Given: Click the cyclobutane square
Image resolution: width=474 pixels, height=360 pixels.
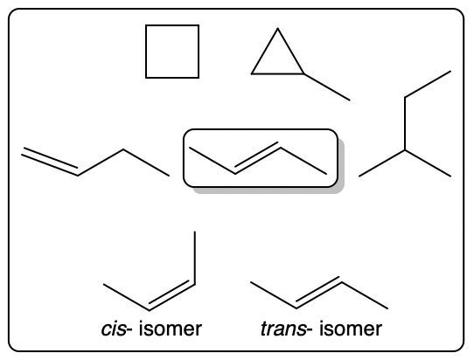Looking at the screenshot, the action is click(x=146, y=52).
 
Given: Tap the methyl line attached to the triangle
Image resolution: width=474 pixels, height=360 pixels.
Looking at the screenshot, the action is click(x=327, y=87).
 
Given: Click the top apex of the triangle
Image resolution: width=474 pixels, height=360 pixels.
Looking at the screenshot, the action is click(x=277, y=28).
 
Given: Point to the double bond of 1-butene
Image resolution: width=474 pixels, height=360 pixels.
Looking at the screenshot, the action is click(x=50, y=162).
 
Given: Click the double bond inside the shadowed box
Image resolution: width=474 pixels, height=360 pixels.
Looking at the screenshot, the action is click(x=257, y=157).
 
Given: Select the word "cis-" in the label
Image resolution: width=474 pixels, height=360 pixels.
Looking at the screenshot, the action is click(x=114, y=329).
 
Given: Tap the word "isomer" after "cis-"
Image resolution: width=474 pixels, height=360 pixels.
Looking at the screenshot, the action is click(x=171, y=329).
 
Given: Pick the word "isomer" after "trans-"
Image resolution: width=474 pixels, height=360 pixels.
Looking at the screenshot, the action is click(x=351, y=329).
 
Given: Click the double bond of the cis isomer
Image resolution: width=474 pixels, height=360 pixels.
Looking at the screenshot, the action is click(x=171, y=296).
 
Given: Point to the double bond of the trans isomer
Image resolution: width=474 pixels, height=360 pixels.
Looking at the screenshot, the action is click(x=318, y=293).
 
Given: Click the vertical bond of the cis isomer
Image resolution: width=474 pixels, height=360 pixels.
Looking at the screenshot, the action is click(x=195, y=258).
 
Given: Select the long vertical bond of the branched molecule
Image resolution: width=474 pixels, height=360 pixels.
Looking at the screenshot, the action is click(x=405, y=123).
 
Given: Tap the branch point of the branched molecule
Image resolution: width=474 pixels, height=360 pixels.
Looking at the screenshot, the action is click(x=405, y=149).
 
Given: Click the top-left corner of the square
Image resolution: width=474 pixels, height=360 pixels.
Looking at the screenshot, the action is click(x=146, y=25).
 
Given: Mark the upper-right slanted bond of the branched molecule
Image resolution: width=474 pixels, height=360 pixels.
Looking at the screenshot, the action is click(x=428, y=84).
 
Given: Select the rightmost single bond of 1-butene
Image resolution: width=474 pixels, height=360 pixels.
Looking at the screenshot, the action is click(x=146, y=163).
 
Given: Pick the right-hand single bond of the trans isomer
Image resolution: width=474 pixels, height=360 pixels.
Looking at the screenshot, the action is click(x=365, y=295).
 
